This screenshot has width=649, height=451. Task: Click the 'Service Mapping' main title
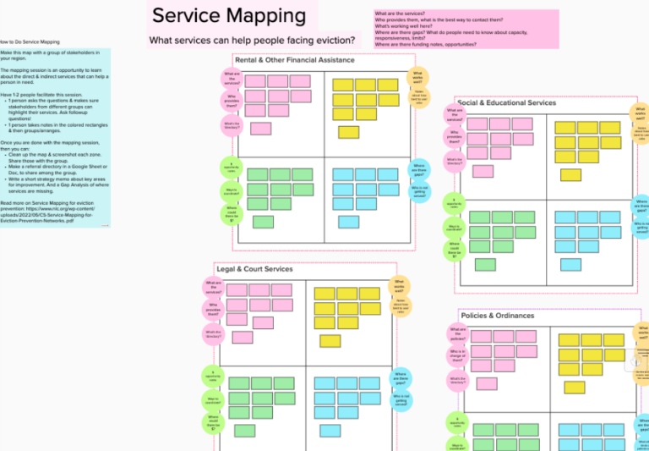tap(229, 15)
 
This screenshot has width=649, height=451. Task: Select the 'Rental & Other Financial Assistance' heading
tap(295, 60)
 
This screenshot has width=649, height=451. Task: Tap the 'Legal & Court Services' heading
tap(254, 269)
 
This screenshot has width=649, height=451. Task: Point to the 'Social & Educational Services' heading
tap(506, 103)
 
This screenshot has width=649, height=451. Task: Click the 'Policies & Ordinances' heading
tap(498, 316)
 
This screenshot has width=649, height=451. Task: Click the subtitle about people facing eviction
tap(252, 40)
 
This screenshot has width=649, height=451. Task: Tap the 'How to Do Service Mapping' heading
tap(30, 41)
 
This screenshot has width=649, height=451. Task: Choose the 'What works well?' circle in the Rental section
tap(417, 77)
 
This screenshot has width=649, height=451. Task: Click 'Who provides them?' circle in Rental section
tap(232, 102)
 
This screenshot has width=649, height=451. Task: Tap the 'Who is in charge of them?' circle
tap(457, 355)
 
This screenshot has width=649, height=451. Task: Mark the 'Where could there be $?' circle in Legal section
tap(213, 422)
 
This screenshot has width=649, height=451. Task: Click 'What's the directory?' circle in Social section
tap(455, 160)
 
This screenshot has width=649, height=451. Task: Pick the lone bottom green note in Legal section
tap(245, 431)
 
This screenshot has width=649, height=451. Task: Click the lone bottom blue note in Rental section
tap(348, 222)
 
